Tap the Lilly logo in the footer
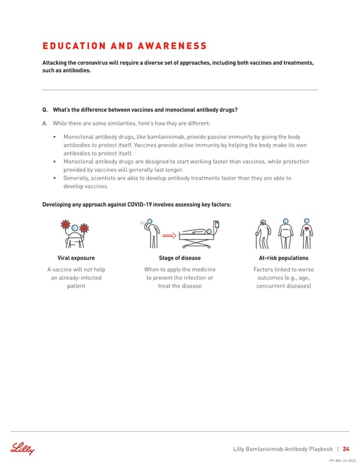tap(22, 449)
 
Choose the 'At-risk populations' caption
tap(283, 258)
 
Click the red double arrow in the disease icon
tap(169, 236)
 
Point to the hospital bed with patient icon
tap(198, 237)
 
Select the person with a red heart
tap(307, 233)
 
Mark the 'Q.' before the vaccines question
tap(45, 110)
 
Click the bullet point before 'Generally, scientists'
tap(55, 178)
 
